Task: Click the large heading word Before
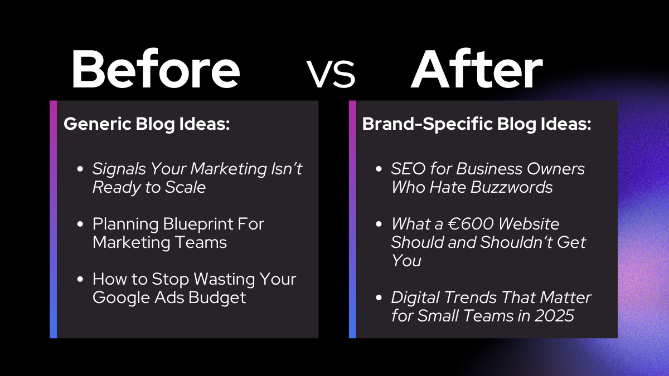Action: point(156,69)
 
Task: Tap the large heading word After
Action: point(477,69)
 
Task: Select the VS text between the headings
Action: point(331,74)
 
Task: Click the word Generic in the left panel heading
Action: point(98,124)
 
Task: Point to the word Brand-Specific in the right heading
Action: point(428,124)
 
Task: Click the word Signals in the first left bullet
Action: point(119,169)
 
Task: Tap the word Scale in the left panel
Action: point(185,187)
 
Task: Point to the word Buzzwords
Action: point(512,187)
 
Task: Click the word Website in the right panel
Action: point(529,224)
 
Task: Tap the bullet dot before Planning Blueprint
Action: point(80,224)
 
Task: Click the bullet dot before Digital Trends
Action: point(379,297)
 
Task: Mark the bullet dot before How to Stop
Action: point(80,279)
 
